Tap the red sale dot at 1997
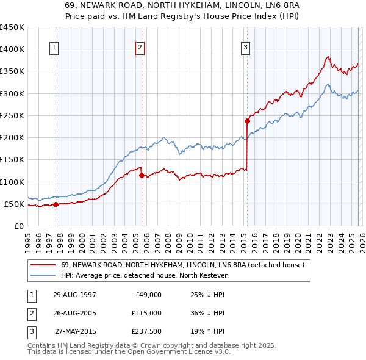[56, 204]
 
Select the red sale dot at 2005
[142, 175]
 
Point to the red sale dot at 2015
[247, 121]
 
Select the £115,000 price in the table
[146, 313]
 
